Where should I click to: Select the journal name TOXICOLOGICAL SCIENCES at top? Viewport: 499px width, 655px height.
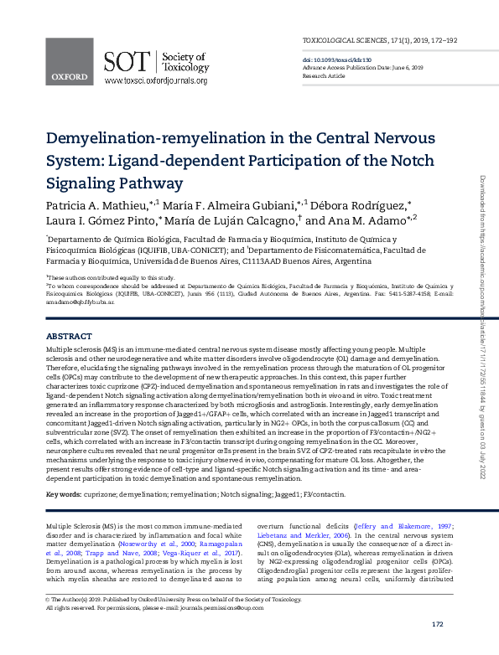346,40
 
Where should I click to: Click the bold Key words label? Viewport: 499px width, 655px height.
63,496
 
